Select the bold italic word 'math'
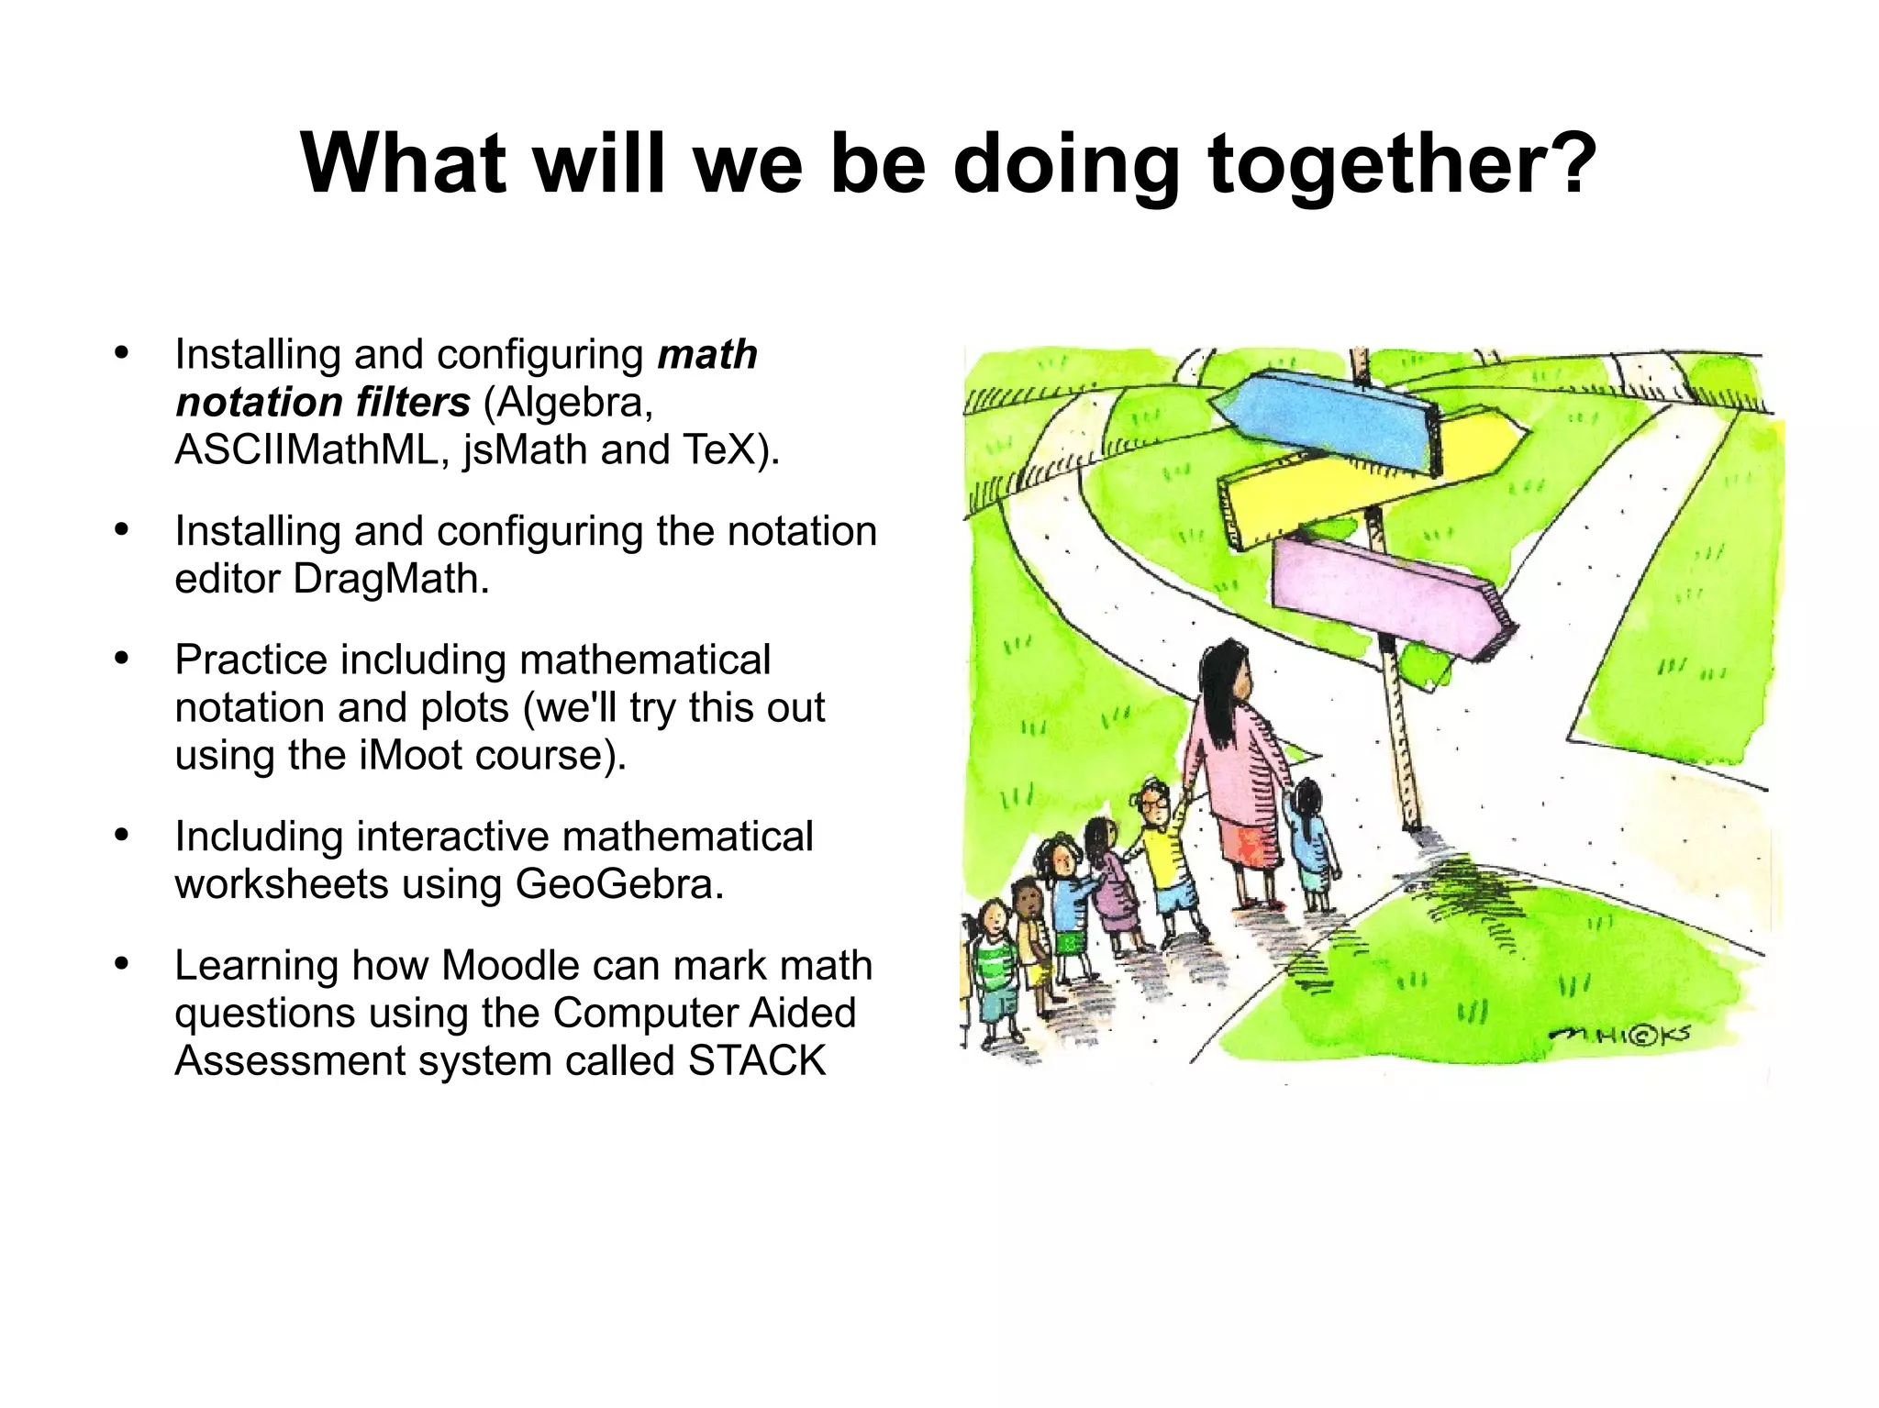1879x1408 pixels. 707,354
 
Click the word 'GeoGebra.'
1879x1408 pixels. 620,884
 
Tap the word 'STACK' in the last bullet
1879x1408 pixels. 757,1060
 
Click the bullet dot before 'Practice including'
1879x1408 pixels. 122,659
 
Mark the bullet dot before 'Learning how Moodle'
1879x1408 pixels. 122,964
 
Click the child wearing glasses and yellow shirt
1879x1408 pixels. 1162,844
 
